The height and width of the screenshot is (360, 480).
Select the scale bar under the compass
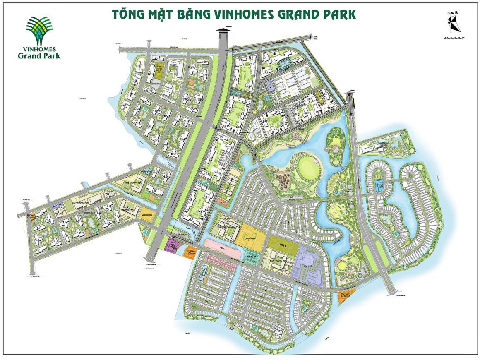(453, 38)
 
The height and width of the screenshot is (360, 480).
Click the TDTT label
(283, 245)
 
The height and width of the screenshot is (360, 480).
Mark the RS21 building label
(204, 62)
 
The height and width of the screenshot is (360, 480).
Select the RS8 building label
(149, 126)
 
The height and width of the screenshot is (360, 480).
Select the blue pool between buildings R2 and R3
(285, 65)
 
